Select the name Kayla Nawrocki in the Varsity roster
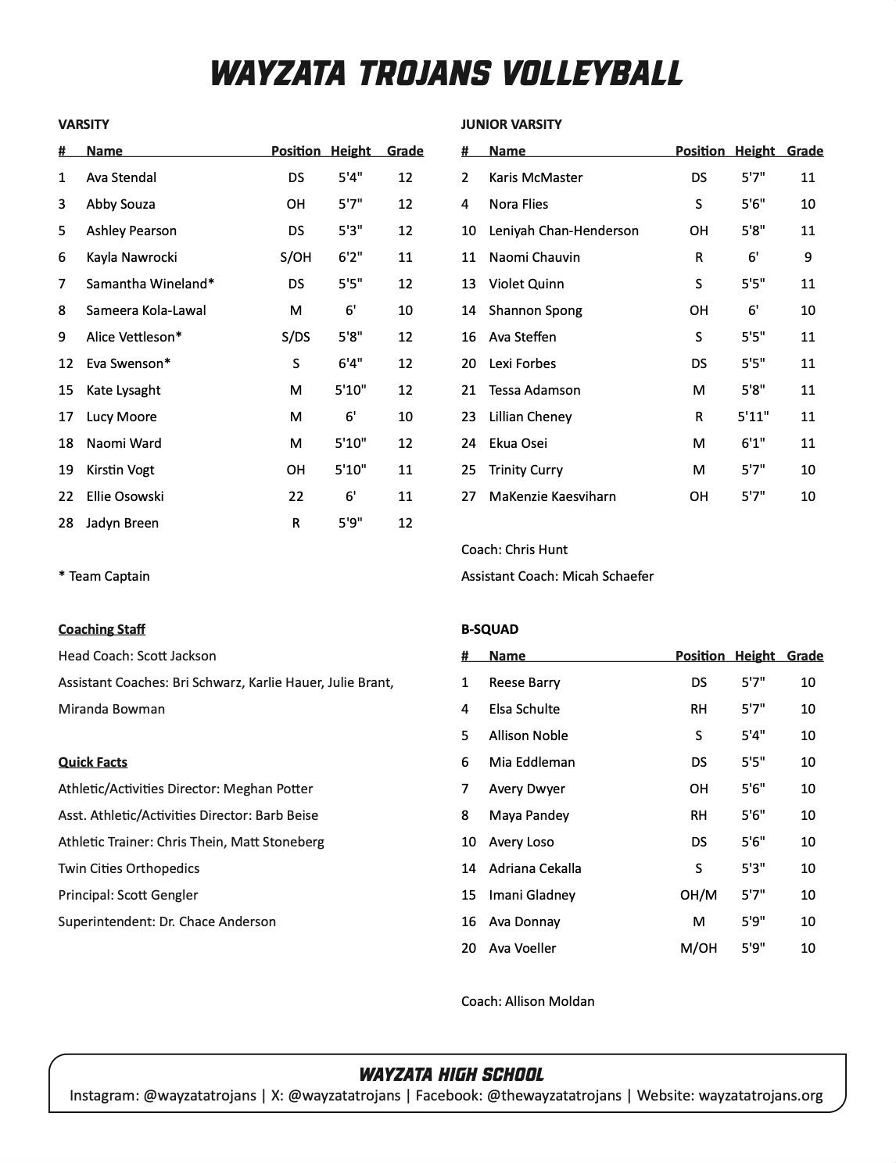click(x=131, y=257)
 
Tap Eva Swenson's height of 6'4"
click(x=350, y=363)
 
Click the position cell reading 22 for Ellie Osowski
click(x=296, y=496)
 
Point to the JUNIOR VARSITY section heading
click(x=511, y=124)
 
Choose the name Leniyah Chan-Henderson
click(x=564, y=231)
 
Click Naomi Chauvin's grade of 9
click(x=808, y=257)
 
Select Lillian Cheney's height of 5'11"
click(x=753, y=417)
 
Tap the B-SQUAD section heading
click(x=489, y=629)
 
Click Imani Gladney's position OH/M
click(x=698, y=895)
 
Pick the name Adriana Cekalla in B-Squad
click(x=535, y=868)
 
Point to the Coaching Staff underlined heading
click(x=102, y=629)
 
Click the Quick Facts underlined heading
click(x=92, y=762)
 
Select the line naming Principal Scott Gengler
click(x=127, y=895)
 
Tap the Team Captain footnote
click(x=104, y=576)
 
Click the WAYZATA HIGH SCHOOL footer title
click(x=451, y=1075)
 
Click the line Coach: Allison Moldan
click(x=528, y=1001)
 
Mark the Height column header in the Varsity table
click(x=350, y=151)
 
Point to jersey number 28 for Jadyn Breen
click(x=66, y=523)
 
